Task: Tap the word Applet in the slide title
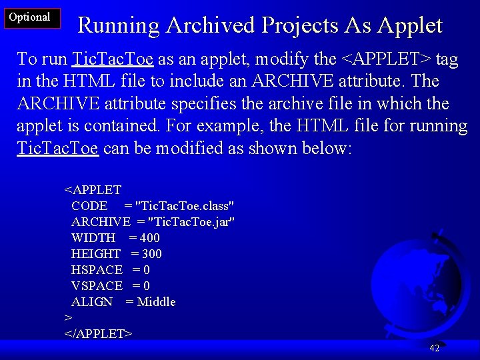[x=409, y=25]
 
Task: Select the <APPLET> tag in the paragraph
[x=386, y=59]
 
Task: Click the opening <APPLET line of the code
[x=93, y=190]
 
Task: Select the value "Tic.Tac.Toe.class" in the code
[x=184, y=206]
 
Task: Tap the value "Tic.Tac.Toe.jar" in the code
[x=191, y=222]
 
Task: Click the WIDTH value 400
[x=149, y=238]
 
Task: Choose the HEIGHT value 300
[x=151, y=254]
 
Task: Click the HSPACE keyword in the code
[x=97, y=270]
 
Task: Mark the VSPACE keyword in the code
[x=97, y=286]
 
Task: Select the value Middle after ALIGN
[x=156, y=302]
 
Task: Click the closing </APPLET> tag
[x=98, y=333]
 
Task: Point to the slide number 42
[x=434, y=348]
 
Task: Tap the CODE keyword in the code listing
[x=89, y=206]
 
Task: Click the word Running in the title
[x=119, y=25]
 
